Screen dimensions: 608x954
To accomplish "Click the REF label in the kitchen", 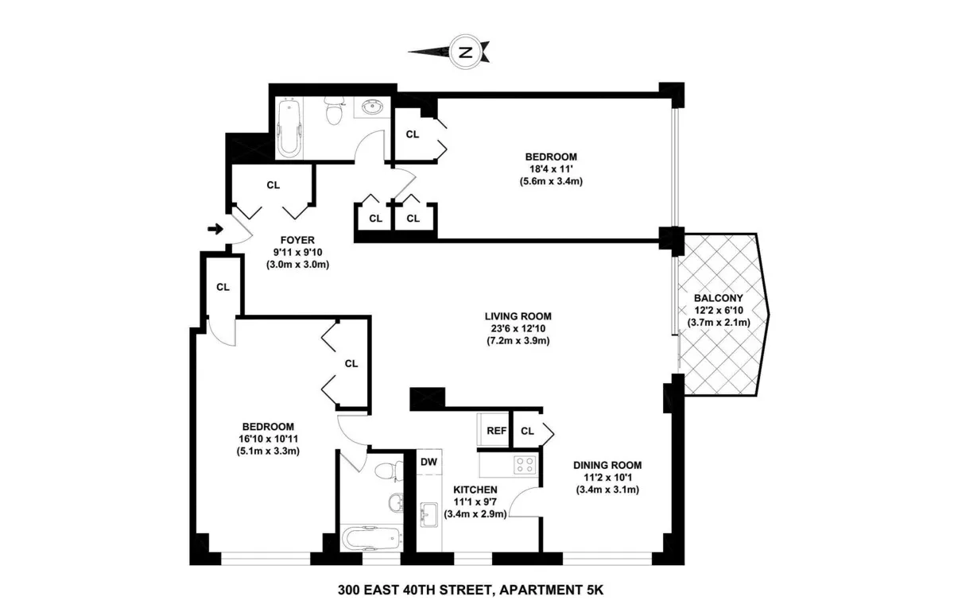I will pyautogui.click(x=496, y=431).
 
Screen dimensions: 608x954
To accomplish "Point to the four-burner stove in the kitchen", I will pyautogui.click(x=524, y=464).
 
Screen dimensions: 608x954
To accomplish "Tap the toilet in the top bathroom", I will pyautogui.click(x=334, y=112).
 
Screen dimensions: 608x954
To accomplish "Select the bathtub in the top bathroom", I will pyautogui.click(x=288, y=127).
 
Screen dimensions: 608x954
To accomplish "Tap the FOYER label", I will pyautogui.click(x=298, y=239).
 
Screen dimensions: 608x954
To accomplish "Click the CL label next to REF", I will pyautogui.click(x=526, y=431).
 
